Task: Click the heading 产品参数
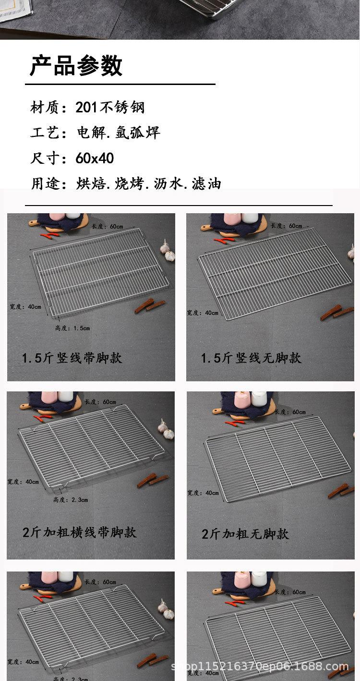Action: (76, 65)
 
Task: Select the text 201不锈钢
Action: (110, 107)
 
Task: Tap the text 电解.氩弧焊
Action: (119, 133)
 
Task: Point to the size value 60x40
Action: (95, 158)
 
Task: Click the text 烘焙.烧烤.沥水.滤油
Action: (148, 183)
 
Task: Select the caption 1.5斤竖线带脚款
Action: (72, 358)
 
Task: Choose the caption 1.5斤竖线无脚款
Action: (251, 358)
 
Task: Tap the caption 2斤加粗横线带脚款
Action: (79, 532)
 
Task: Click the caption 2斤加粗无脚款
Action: (245, 533)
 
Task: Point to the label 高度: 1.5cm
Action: (72, 328)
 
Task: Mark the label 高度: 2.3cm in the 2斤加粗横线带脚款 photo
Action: (71, 500)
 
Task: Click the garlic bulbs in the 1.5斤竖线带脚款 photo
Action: (168, 251)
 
